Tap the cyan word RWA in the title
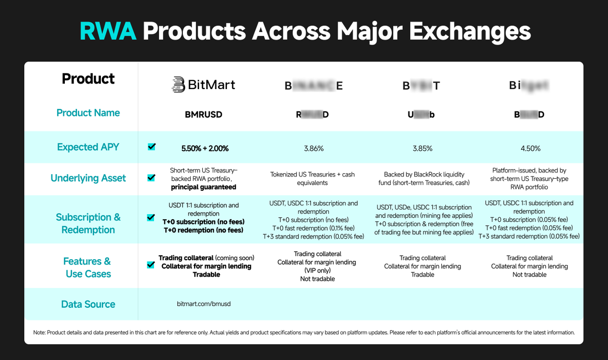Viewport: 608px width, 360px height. pos(108,32)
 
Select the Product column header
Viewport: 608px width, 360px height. pos(88,79)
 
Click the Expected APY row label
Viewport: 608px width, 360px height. pos(88,147)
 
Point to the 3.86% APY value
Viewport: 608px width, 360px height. pos(314,148)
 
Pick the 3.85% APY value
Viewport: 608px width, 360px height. pos(423,148)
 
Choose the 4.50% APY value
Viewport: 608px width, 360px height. pos(529,148)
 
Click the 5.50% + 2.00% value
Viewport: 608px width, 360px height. pos(205,148)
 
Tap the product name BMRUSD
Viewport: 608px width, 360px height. pos(204,114)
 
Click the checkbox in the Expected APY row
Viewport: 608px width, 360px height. pos(151,147)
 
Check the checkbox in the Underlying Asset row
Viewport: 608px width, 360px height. pos(151,178)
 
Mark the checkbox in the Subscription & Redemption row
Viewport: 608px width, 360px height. pos(151,218)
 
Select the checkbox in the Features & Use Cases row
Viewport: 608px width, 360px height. pos(151,264)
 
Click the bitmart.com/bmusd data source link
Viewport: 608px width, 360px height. pos(204,304)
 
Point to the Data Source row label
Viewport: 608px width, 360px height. pos(88,304)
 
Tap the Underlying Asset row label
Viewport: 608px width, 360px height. pos(88,178)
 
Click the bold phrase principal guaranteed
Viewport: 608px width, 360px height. pos(204,187)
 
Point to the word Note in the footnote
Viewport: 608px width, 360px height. pos(39,333)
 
